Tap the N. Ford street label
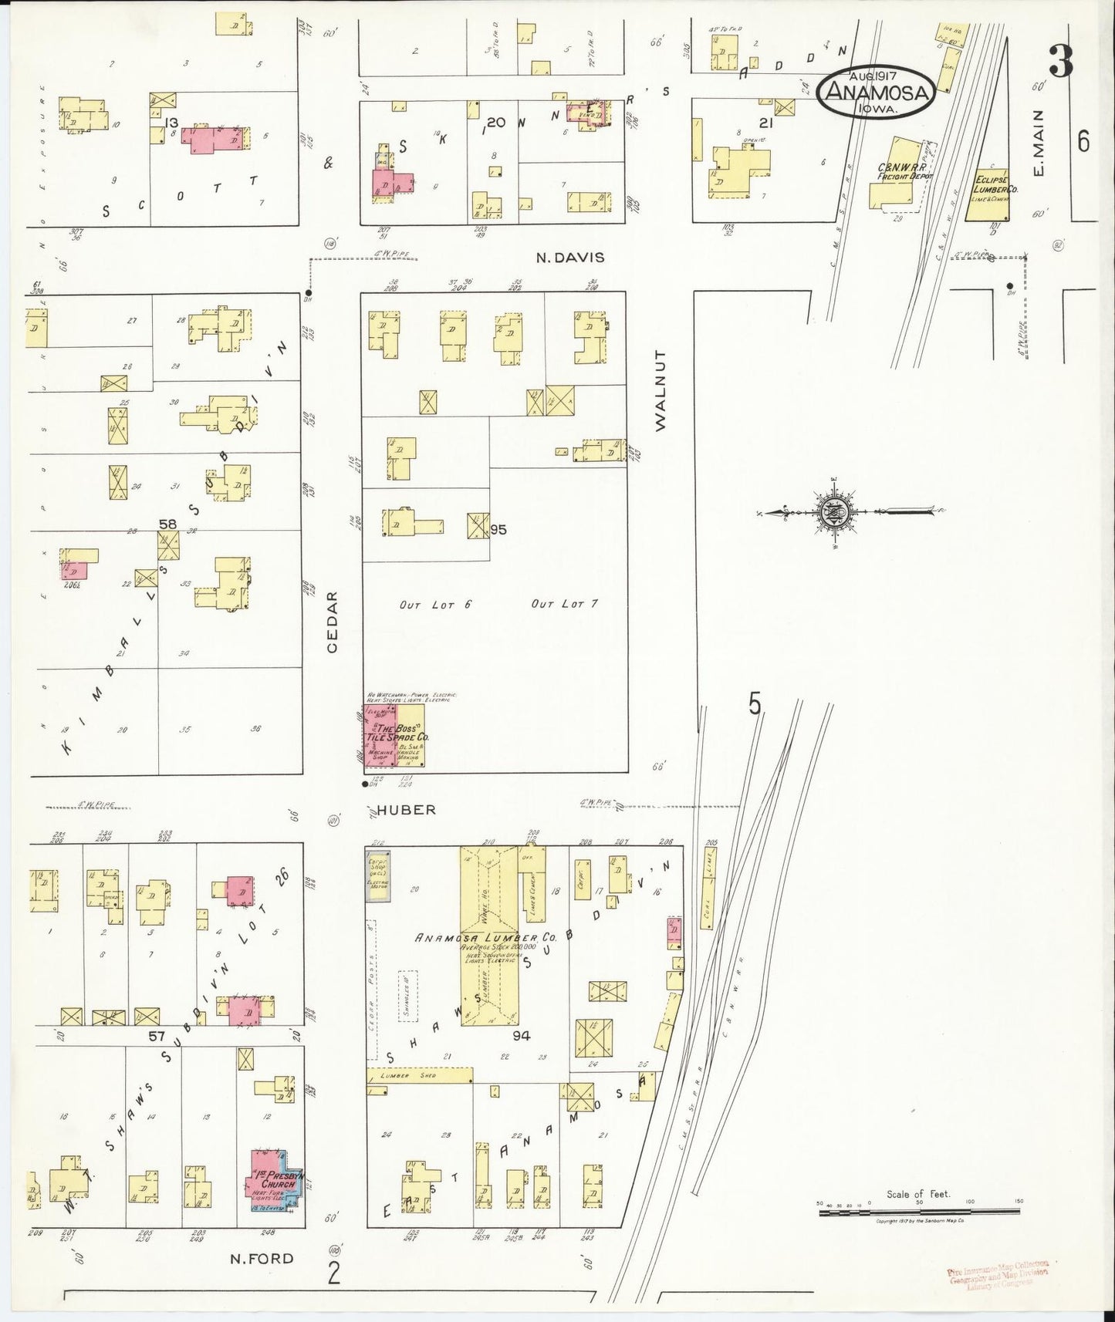262,1259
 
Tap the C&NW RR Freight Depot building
898,174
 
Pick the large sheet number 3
1061,62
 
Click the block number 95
498,530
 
